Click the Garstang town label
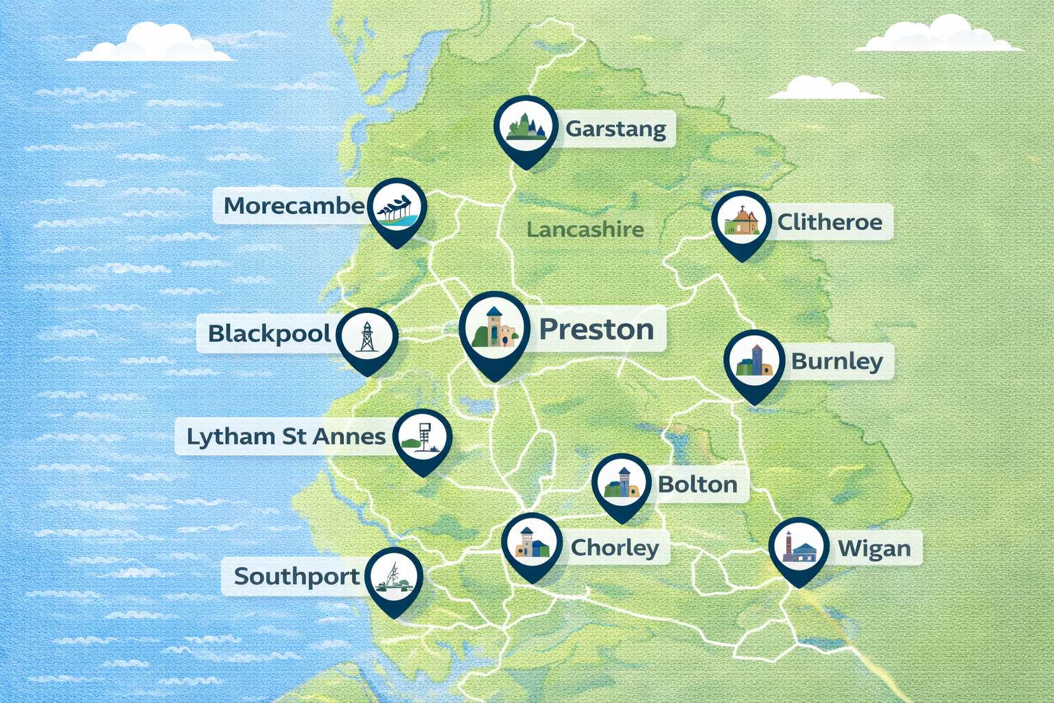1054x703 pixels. click(616, 129)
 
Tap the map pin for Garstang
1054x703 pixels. click(526, 128)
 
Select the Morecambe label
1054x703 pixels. click(294, 205)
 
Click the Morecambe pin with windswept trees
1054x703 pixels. click(397, 208)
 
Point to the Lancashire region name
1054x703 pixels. click(585, 229)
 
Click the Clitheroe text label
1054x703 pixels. click(830, 222)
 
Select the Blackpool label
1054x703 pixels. click(270, 334)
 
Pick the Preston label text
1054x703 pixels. click(596, 330)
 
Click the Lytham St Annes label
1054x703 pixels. click(286, 437)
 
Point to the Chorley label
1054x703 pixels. click(615, 547)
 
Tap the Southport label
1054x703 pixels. click(296, 576)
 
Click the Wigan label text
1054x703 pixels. click(874, 549)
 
